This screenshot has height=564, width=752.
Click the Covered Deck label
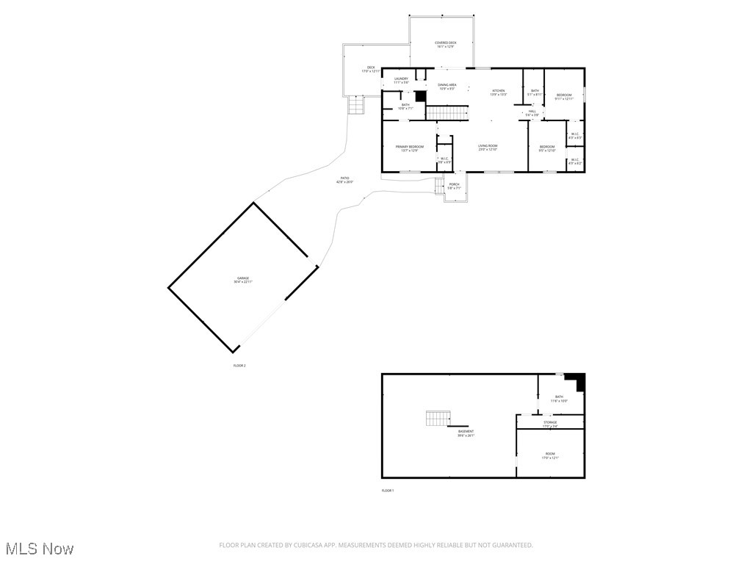(445, 43)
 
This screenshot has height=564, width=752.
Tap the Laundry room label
(401, 79)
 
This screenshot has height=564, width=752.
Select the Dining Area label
(447, 86)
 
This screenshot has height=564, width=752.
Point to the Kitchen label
(498, 92)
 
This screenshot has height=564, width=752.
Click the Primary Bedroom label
(410, 148)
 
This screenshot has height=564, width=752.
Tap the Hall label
(532, 112)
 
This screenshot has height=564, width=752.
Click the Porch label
(454, 185)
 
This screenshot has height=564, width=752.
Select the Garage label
(242, 279)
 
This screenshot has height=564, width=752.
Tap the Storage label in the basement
(550, 423)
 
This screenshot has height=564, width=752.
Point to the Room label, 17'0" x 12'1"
(550, 455)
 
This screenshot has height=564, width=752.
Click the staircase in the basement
(436, 419)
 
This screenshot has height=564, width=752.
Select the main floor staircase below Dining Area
(447, 112)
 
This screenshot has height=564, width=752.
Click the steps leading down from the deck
(356, 106)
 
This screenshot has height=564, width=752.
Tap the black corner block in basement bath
(579, 382)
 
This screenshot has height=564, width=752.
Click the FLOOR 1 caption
(388, 491)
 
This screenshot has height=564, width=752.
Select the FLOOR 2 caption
(239, 365)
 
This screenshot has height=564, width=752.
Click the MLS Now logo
(40, 549)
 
